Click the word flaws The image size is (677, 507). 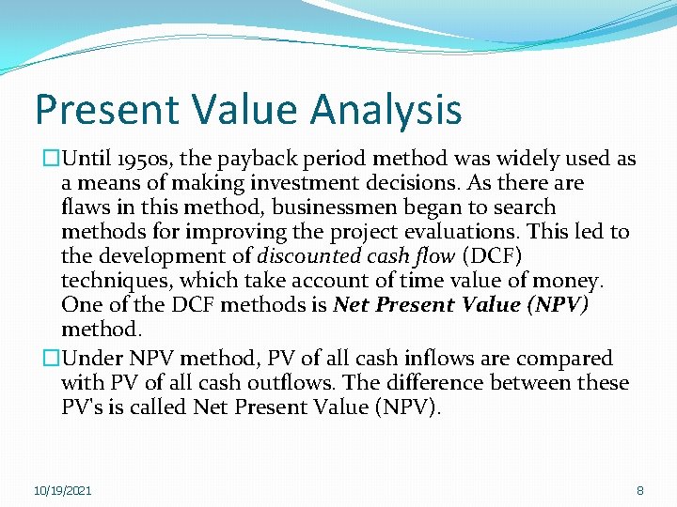tap(85, 207)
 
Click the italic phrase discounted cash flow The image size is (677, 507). tap(354, 256)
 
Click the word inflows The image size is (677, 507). tap(443, 359)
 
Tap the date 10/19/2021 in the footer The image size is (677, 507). tap(63, 491)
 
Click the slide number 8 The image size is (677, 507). tap(640, 491)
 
